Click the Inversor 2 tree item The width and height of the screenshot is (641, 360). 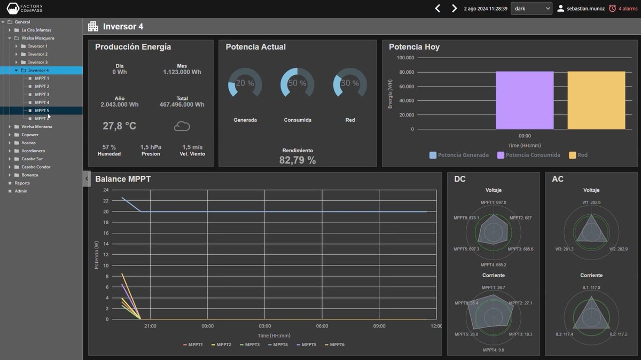37,54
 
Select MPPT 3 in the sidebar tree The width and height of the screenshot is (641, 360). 42,95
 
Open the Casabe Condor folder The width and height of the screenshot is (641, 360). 36,167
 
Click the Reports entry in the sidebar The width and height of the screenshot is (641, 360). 22,183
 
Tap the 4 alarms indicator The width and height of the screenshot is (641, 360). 623,9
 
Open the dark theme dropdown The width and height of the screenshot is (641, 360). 531,9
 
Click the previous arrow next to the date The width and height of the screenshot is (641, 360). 437,9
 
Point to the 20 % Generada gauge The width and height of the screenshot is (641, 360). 245,83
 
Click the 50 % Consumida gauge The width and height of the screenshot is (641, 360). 297,83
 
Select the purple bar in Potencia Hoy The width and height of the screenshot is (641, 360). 525,100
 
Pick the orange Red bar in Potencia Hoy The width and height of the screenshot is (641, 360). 596,100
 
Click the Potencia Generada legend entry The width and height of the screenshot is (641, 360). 459,155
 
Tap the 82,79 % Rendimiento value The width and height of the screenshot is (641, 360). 298,160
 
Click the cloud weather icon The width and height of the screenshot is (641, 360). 182,127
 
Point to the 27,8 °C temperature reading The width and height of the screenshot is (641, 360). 119,126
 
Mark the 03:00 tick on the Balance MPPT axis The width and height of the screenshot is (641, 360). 265,326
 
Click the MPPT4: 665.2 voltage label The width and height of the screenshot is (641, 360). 493,264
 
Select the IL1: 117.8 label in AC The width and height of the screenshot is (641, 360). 591,287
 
